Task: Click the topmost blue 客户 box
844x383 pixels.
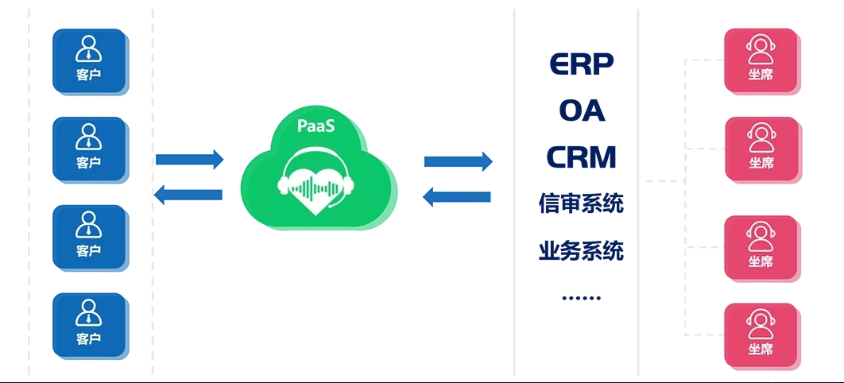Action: pos(89,61)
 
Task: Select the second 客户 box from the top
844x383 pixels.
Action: pos(89,149)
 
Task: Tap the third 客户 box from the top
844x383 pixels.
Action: pos(89,237)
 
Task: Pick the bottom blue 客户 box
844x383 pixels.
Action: pos(89,325)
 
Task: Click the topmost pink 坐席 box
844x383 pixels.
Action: pos(761,60)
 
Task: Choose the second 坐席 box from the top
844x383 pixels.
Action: pos(761,149)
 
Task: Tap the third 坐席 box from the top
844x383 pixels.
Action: pos(761,247)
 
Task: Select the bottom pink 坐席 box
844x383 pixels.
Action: pos(761,335)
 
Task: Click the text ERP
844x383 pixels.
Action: pos(581,64)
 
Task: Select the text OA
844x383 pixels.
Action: pos(581,110)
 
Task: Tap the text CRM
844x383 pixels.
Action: pos(581,157)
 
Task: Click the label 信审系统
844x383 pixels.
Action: pos(581,203)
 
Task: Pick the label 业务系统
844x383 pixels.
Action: pos(581,251)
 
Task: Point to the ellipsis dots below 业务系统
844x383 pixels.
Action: pos(581,298)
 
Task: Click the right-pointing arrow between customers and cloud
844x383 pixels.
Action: pos(190,160)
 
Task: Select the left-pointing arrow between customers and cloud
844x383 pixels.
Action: pos(188,195)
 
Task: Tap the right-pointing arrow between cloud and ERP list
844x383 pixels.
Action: pos(459,161)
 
